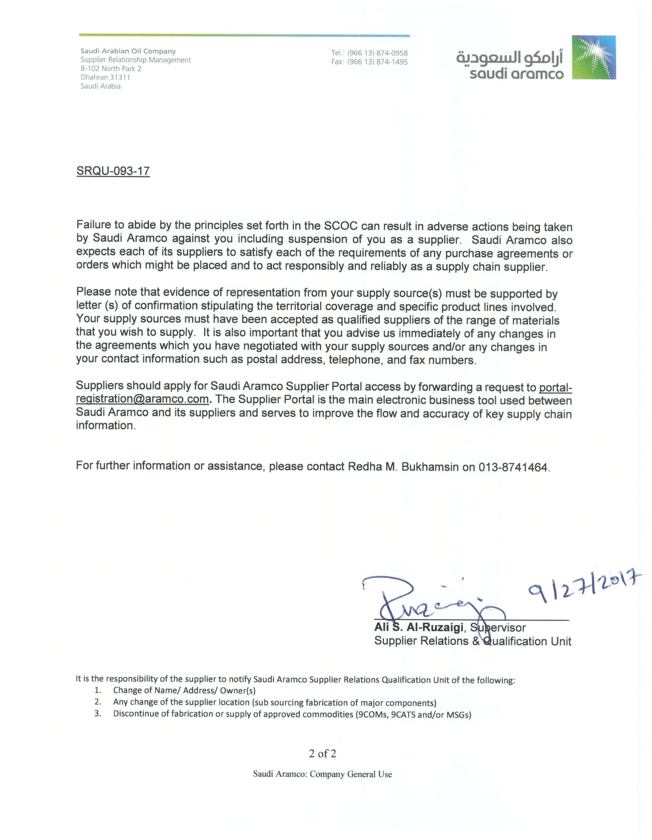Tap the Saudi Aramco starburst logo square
[594, 58]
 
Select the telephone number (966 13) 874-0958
[377, 53]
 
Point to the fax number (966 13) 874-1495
[377, 62]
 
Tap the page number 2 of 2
[322, 753]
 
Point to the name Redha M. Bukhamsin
[403, 467]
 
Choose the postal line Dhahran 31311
[105, 77]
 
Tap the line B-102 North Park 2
[111, 69]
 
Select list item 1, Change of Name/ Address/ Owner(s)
[184, 690]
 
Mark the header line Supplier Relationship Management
[136, 60]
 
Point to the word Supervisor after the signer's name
[498, 628]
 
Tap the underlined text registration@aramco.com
[142, 399]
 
